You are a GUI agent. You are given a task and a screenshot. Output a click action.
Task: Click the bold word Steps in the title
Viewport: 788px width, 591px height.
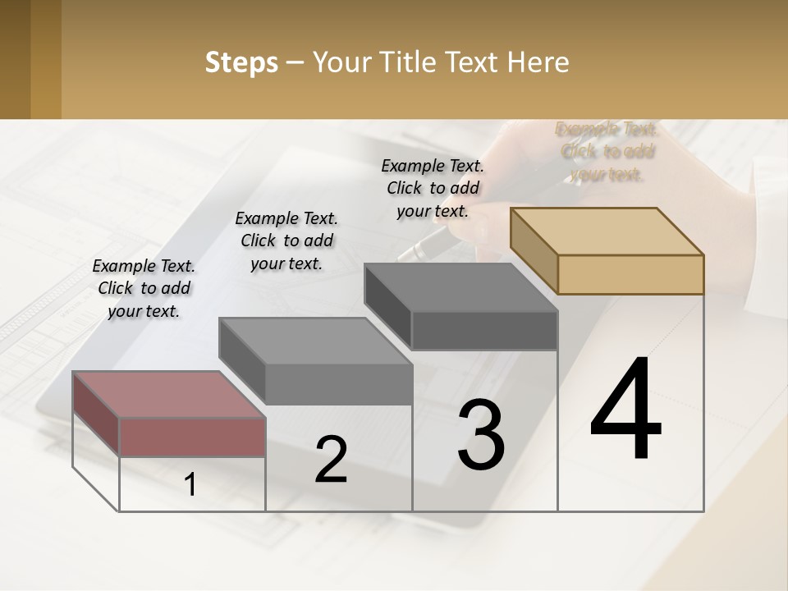[x=241, y=62]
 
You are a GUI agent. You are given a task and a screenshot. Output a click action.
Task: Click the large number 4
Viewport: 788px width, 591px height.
[x=625, y=410]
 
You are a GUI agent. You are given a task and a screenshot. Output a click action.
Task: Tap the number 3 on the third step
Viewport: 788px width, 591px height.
[x=481, y=435]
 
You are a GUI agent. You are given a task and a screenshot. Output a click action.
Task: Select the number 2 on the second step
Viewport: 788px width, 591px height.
[x=332, y=460]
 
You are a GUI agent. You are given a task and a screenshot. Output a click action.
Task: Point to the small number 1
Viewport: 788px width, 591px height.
[x=190, y=485]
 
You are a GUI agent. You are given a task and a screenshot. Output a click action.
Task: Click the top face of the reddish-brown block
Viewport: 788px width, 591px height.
[x=169, y=394]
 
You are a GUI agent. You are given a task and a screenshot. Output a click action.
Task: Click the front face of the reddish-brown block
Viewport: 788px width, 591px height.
[x=192, y=437]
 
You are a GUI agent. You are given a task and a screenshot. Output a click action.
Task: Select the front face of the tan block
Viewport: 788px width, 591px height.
[x=630, y=274]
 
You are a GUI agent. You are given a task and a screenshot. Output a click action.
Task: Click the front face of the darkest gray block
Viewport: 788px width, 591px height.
[x=484, y=330]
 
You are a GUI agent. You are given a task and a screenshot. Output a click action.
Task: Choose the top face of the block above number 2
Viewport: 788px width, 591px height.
[x=315, y=341]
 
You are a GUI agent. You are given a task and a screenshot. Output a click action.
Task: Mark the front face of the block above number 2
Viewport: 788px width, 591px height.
[x=338, y=384]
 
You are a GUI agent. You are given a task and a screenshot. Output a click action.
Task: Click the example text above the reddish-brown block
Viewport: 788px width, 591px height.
[x=144, y=288]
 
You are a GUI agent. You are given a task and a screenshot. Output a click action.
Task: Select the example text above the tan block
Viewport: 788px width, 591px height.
[x=607, y=152]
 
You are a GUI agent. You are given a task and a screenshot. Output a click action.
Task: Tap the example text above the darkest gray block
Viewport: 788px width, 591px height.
[x=433, y=188]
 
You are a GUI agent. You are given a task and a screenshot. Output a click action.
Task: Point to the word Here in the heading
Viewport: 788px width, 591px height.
[x=540, y=62]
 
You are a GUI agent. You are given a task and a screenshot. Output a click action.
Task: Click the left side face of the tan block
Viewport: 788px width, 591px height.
[x=534, y=250]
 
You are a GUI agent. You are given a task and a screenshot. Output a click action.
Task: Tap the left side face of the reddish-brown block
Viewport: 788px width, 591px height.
[x=96, y=414]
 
